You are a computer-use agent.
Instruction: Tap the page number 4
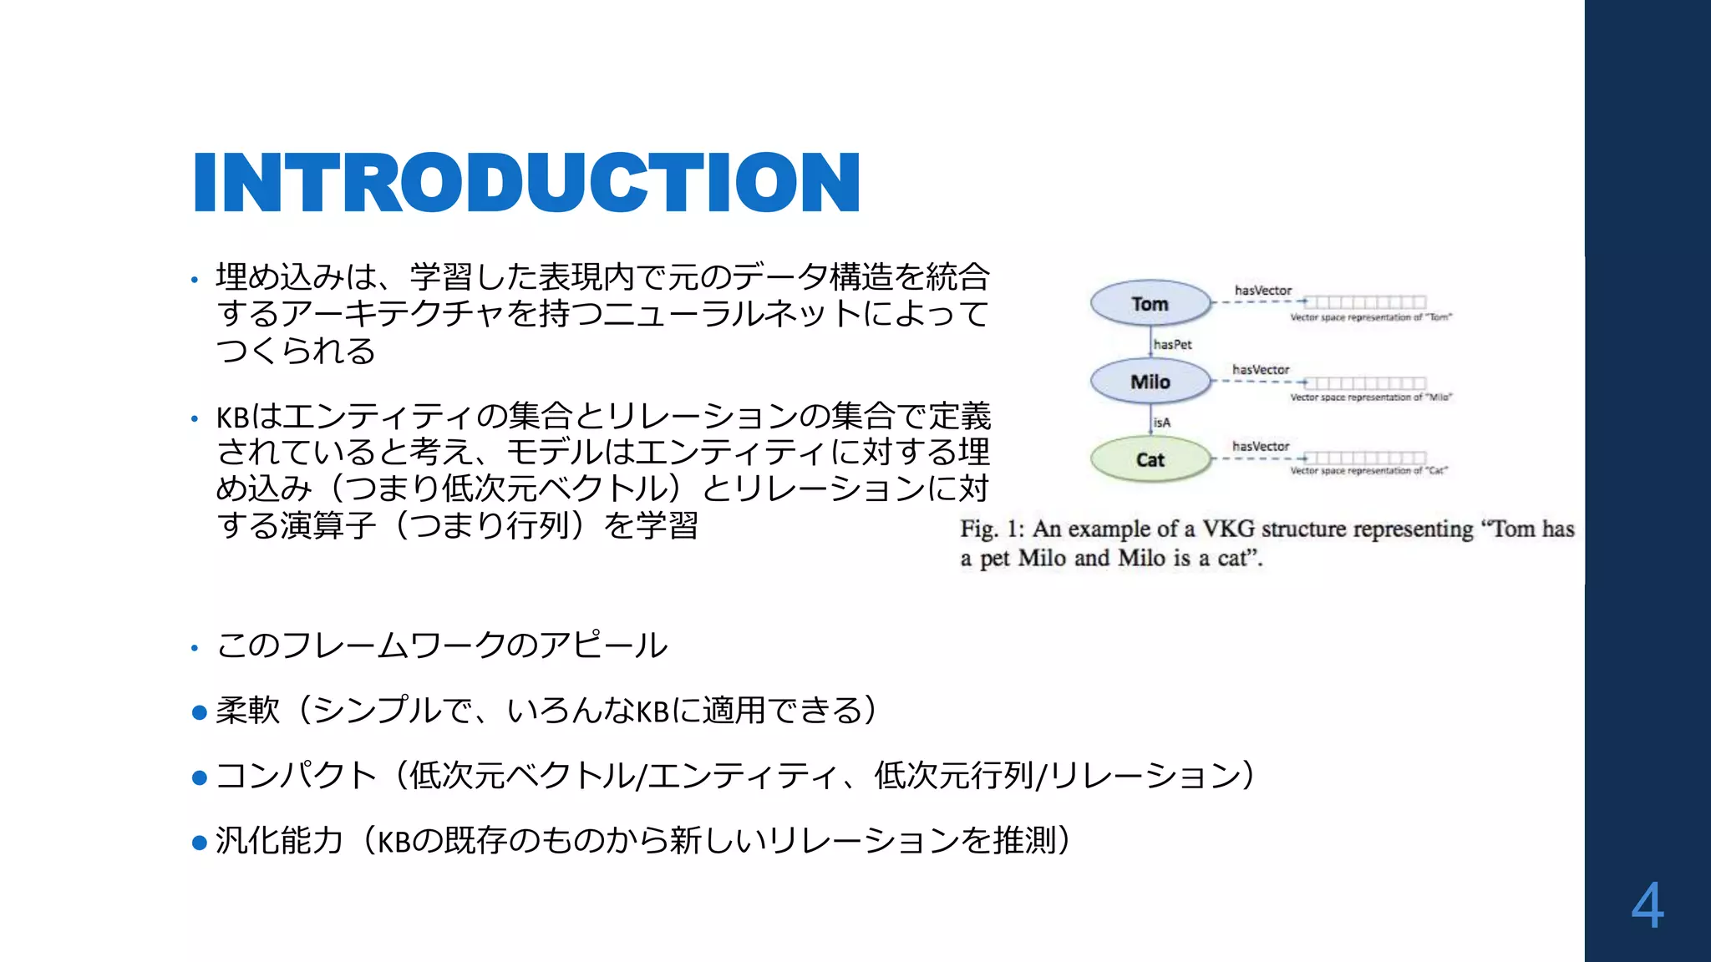coord(1647,906)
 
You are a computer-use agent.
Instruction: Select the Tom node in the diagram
coord(1150,303)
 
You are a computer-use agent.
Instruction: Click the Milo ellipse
coord(1150,382)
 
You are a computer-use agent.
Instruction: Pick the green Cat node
coord(1150,459)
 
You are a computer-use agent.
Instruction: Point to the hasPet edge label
coord(1172,344)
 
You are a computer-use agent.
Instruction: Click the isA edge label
coord(1162,423)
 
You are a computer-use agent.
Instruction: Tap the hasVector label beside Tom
coord(1263,291)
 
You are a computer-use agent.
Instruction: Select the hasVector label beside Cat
coord(1261,447)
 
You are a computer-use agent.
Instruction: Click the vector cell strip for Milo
coord(1365,383)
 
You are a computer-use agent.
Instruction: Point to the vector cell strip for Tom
coord(1365,301)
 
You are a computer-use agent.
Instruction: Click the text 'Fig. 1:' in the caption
coord(992,529)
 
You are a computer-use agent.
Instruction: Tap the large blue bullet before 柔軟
coord(200,712)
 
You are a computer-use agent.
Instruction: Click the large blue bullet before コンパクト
coord(200,777)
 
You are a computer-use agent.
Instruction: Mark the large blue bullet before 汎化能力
coord(200,843)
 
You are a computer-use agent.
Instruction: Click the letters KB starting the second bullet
coord(232,417)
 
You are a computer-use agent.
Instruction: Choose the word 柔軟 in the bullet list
coord(247,711)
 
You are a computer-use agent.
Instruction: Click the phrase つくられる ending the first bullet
coord(296,351)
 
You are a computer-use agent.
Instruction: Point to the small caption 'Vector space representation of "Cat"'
coord(1369,471)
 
